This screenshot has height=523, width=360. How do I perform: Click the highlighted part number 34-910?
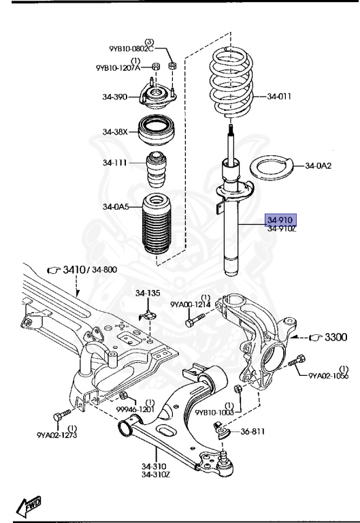280,220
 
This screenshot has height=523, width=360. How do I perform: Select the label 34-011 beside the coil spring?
279,96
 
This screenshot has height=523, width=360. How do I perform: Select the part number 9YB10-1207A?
118,67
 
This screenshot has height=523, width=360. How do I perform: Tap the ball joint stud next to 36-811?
222,428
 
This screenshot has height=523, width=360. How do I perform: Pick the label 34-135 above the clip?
148,293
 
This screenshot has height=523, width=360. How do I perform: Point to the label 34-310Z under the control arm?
155,475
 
